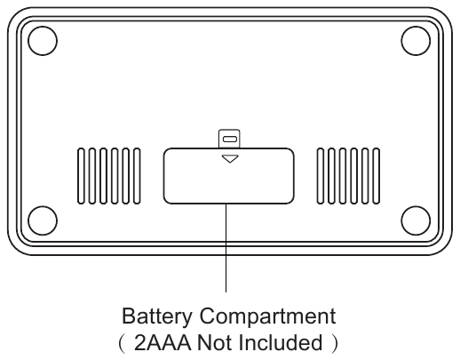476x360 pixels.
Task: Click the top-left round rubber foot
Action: [43, 41]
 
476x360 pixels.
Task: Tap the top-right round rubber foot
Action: [416, 41]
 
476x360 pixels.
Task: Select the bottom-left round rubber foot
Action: [43, 220]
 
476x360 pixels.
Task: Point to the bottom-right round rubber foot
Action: [416, 220]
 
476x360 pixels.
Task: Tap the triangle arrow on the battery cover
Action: [230, 158]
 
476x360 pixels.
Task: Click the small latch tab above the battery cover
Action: [229, 139]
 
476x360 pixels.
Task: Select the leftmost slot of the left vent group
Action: [81, 176]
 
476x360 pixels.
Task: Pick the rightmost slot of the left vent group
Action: [137, 176]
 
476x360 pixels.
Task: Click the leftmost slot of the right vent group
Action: [321, 176]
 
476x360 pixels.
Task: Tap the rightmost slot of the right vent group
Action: [377, 176]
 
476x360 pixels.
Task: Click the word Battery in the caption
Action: [157, 316]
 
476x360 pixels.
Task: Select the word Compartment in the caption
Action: [267, 316]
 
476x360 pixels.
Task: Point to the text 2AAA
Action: [163, 343]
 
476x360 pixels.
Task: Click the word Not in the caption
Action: [215, 343]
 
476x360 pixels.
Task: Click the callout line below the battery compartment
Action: [226, 248]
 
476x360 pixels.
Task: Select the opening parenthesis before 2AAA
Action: [122, 343]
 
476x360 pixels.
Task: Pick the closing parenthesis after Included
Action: [335, 343]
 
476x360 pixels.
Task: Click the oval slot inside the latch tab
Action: [230, 140]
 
